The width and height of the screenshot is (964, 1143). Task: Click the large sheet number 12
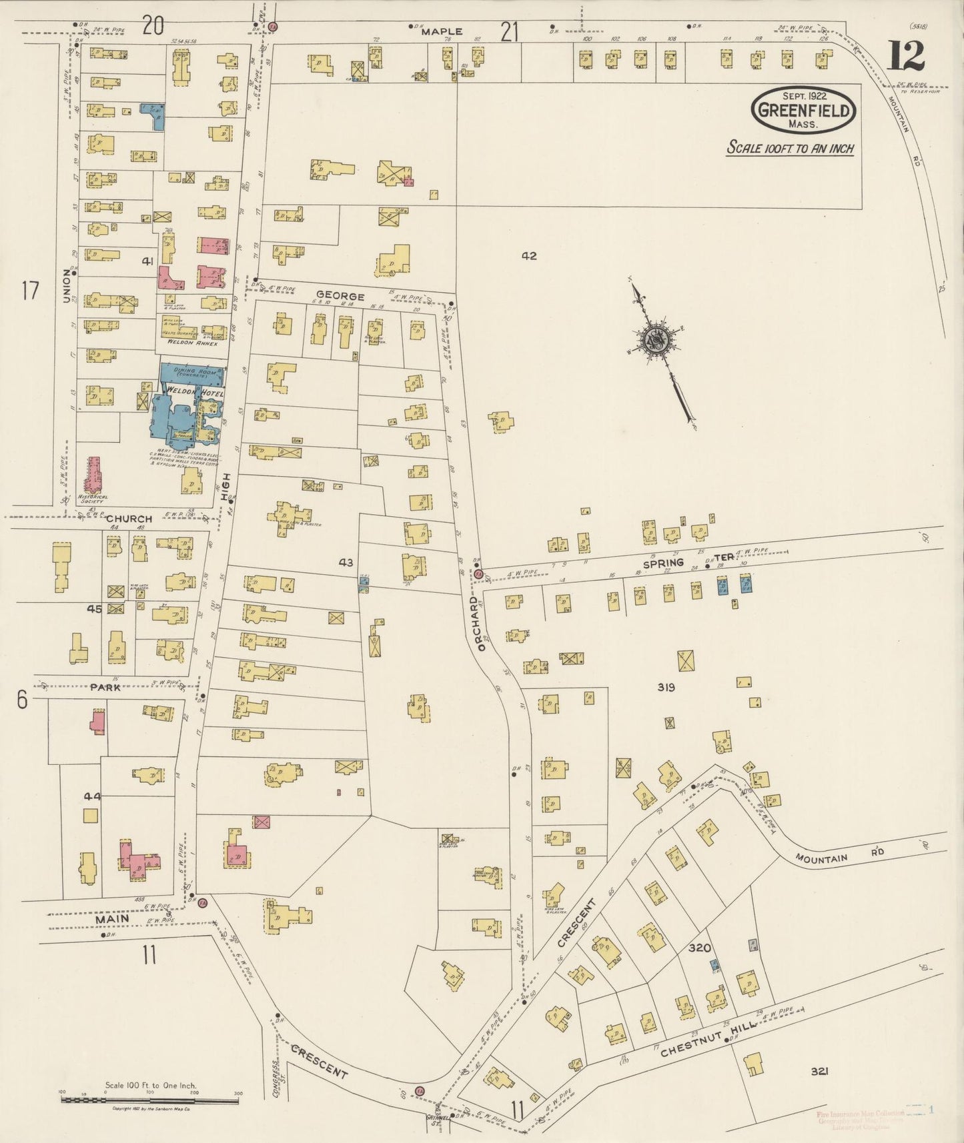pyautogui.click(x=905, y=56)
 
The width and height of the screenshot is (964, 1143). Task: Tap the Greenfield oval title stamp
pyautogui.click(x=803, y=111)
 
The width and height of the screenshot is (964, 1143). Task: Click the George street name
pyautogui.click(x=340, y=295)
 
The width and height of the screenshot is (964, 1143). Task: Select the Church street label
pyautogui.click(x=129, y=518)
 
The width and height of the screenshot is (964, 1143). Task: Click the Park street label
pyautogui.click(x=105, y=687)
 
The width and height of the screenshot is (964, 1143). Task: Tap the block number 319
pyautogui.click(x=666, y=687)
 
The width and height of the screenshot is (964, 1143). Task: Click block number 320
pyautogui.click(x=699, y=948)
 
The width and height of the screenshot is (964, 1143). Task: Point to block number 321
pyautogui.click(x=820, y=1072)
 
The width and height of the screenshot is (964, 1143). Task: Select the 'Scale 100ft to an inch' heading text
pyautogui.click(x=790, y=148)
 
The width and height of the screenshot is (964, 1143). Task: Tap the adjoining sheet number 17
pyautogui.click(x=30, y=291)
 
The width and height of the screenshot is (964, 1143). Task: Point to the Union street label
pyautogui.click(x=67, y=287)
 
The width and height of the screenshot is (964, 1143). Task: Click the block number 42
pyautogui.click(x=529, y=255)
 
